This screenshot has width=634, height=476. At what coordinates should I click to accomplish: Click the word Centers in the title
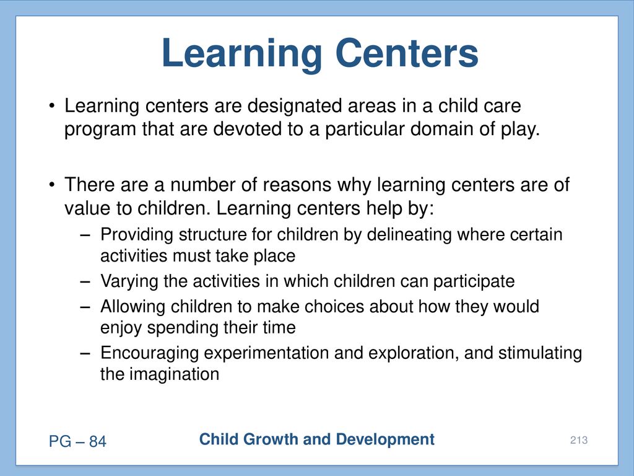(407, 53)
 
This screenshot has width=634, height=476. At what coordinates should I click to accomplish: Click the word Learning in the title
(242, 55)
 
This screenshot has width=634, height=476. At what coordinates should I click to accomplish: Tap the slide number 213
(579, 440)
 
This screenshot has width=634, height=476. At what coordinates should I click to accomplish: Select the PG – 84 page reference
(77, 441)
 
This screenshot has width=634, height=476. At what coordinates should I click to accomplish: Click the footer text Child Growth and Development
(316, 439)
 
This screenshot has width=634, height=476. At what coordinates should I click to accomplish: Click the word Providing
(137, 235)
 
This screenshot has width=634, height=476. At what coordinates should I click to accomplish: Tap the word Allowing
(132, 306)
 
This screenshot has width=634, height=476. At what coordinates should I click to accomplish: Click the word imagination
(174, 374)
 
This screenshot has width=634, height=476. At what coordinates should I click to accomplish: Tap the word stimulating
(540, 353)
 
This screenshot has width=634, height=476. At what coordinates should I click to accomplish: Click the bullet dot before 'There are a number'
(52, 185)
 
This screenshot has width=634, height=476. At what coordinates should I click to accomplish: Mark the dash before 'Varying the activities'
(85, 282)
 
